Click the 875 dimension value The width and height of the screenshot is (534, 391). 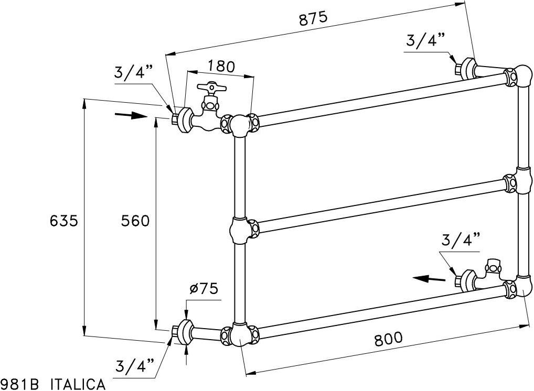[313, 18]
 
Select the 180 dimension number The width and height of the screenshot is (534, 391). [221, 67]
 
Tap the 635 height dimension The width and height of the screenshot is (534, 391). [64, 221]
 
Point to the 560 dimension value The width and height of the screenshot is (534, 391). [135, 221]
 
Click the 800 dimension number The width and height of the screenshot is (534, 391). [389, 339]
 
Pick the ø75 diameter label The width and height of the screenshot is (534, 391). [204, 289]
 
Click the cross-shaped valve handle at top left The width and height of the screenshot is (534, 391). [210, 88]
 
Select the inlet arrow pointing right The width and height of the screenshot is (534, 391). [130, 115]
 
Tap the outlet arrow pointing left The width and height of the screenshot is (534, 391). [428, 278]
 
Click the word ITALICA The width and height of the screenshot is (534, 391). [78, 385]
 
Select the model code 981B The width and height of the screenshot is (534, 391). [20, 385]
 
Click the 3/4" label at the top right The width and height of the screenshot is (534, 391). [425, 40]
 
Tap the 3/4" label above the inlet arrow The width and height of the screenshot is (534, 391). [133, 72]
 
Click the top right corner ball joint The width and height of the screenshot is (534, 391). [522, 75]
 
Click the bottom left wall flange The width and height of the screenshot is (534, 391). [184, 332]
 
